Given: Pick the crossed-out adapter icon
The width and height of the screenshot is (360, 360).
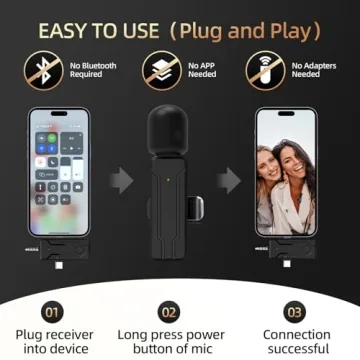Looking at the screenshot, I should (x=264, y=68).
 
